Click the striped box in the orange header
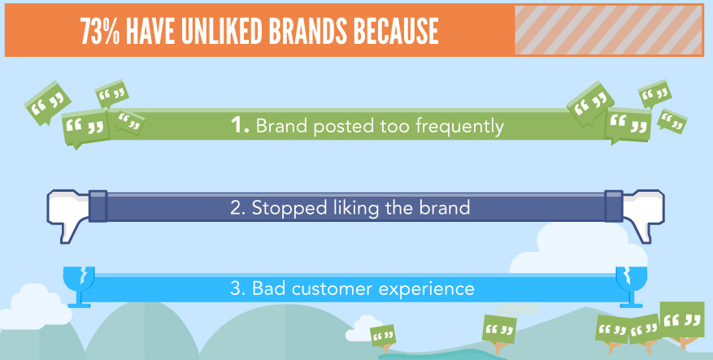(x=608, y=30)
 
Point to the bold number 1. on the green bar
(x=240, y=125)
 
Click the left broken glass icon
(x=80, y=287)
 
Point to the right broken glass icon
(x=631, y=287)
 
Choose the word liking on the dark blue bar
(x=355, y=208)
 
